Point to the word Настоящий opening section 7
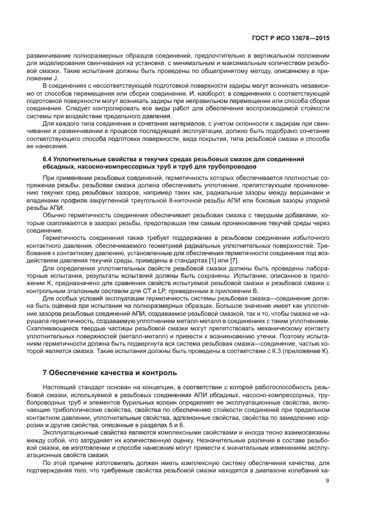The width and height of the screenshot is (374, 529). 59,387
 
